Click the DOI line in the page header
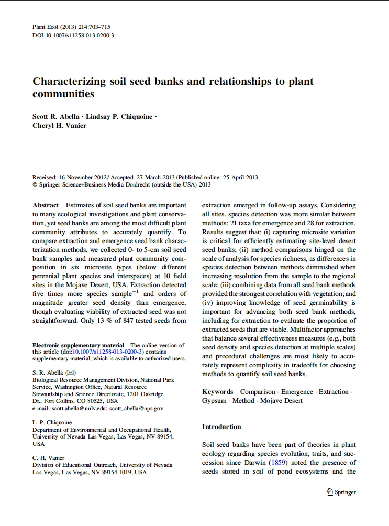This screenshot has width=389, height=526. [x=73, y=35]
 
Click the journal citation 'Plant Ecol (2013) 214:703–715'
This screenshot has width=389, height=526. [x=71, y=27]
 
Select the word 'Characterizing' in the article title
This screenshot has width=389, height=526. [x=68, y=82]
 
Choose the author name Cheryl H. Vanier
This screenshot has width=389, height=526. [x=59, y=125]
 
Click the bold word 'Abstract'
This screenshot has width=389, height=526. [x=46, y=205]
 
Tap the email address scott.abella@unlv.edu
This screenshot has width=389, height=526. [x=77, y=408]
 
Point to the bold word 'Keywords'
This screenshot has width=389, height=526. [x=217, y=391]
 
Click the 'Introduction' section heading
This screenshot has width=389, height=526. [x=221, y=427]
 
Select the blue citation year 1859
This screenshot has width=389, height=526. [x=277, y=463]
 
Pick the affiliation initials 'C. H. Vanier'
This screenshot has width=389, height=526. [x=49, y=458]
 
